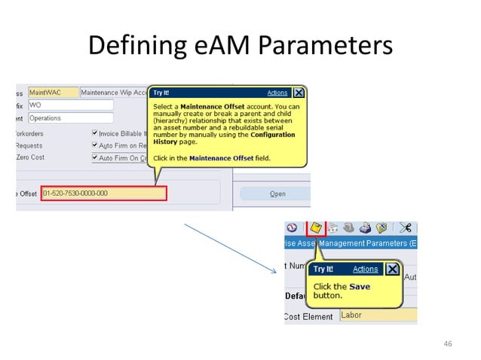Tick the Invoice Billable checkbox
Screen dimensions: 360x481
[95, 132]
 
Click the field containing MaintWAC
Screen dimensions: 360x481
[53, 93]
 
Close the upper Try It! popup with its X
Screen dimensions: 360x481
[299, 93]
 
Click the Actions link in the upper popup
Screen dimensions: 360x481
[277, 93]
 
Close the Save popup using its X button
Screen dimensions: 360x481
[392, 269]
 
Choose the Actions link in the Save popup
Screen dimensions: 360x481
[366, 269]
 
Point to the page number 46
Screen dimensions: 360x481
[448, 344]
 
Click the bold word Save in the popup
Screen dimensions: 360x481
[360, 286]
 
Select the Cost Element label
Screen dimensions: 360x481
[309, 317]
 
